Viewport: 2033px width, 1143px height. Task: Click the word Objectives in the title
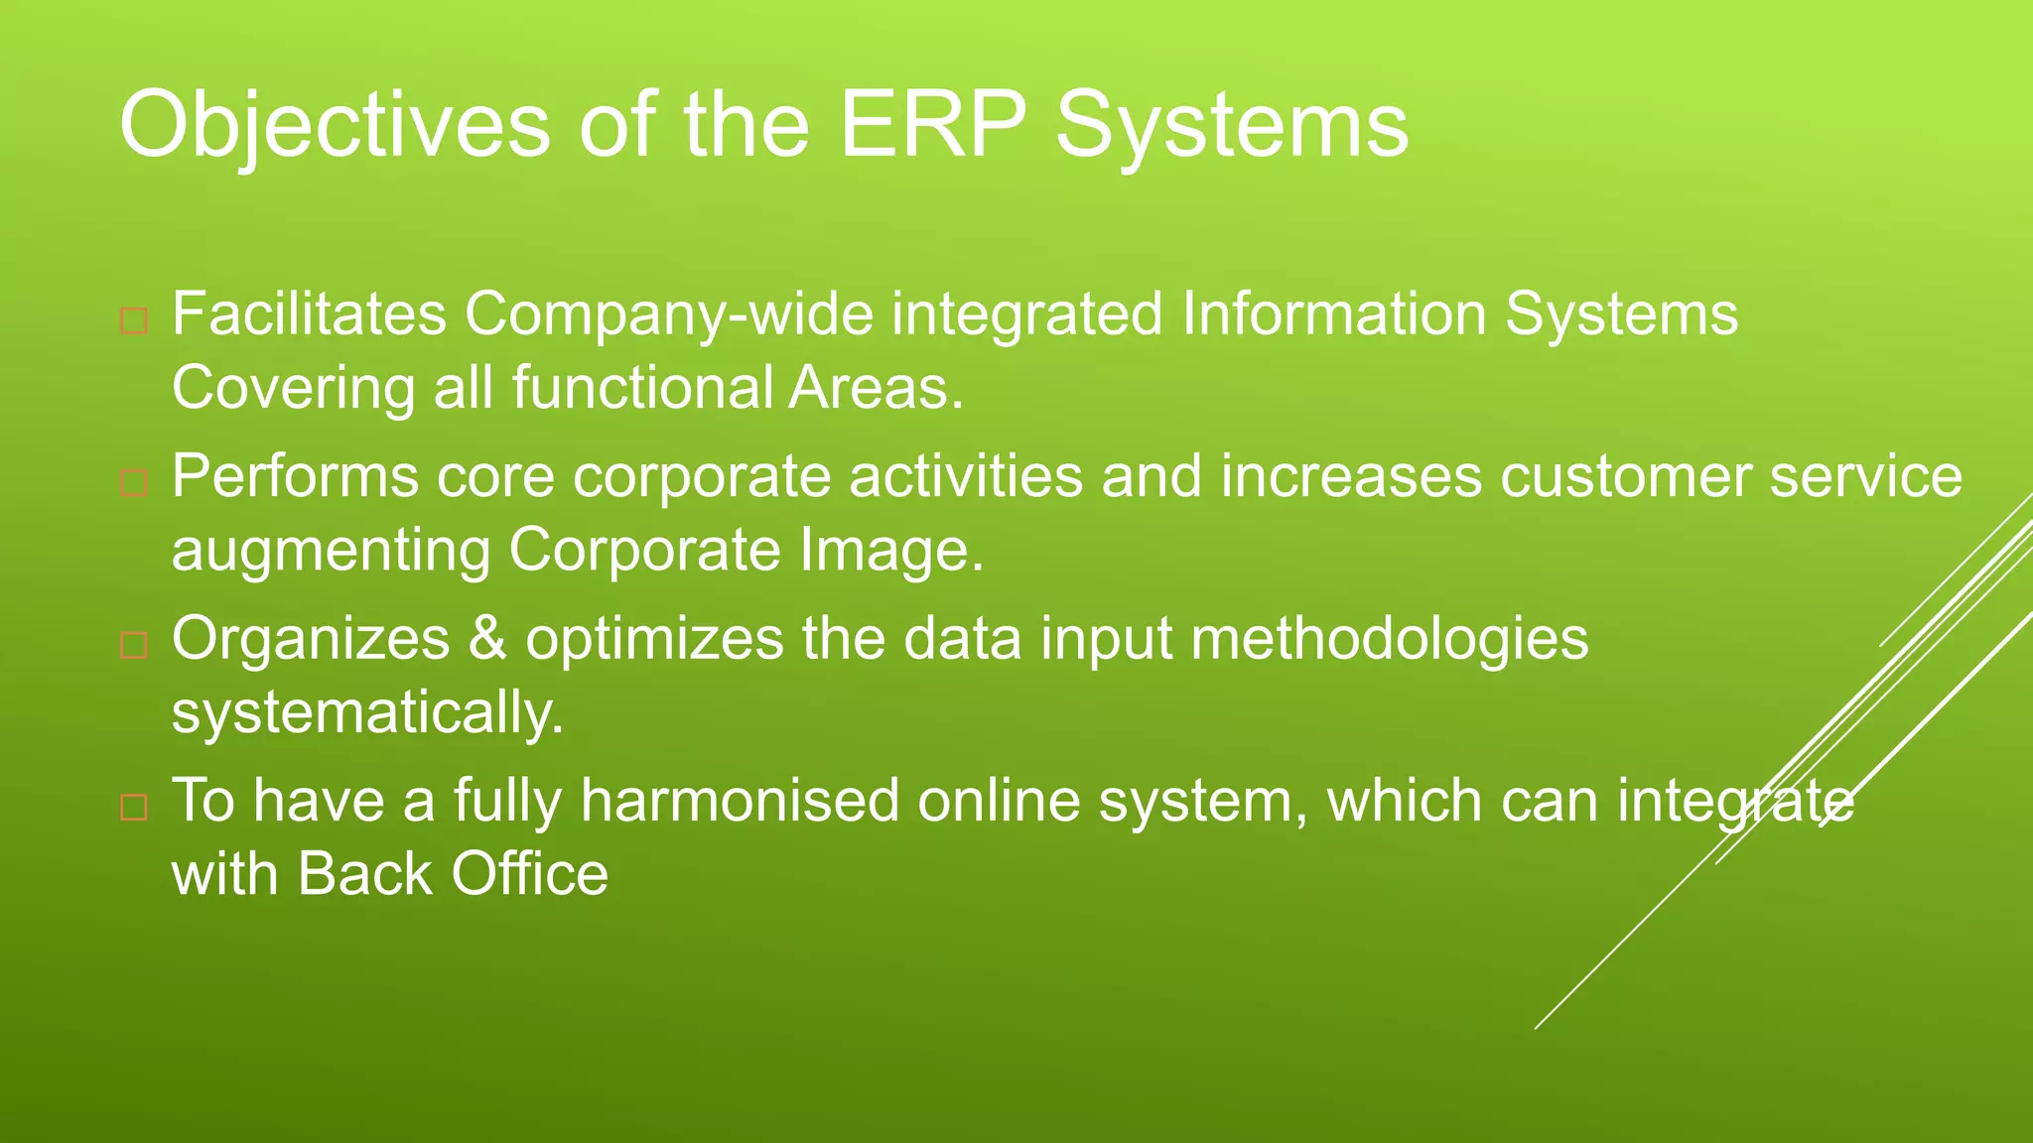[334, 126]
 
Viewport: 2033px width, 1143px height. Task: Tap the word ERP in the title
[932, 124]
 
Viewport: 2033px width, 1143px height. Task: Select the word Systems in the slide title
[1231, 126]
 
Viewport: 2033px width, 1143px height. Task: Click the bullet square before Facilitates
[134, 321]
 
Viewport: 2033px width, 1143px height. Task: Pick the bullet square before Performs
[134, 483]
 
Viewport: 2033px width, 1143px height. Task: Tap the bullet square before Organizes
[134, 646]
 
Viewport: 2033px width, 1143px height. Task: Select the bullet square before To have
[134, 807]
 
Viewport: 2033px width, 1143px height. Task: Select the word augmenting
[331, 552]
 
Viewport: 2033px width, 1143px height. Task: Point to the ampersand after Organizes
[487, 638]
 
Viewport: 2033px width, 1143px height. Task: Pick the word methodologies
[1389, 640]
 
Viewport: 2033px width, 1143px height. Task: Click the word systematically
[367, 713]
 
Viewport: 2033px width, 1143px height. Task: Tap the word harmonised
[740, 800]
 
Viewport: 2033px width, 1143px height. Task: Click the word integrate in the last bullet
[1734, 802]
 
